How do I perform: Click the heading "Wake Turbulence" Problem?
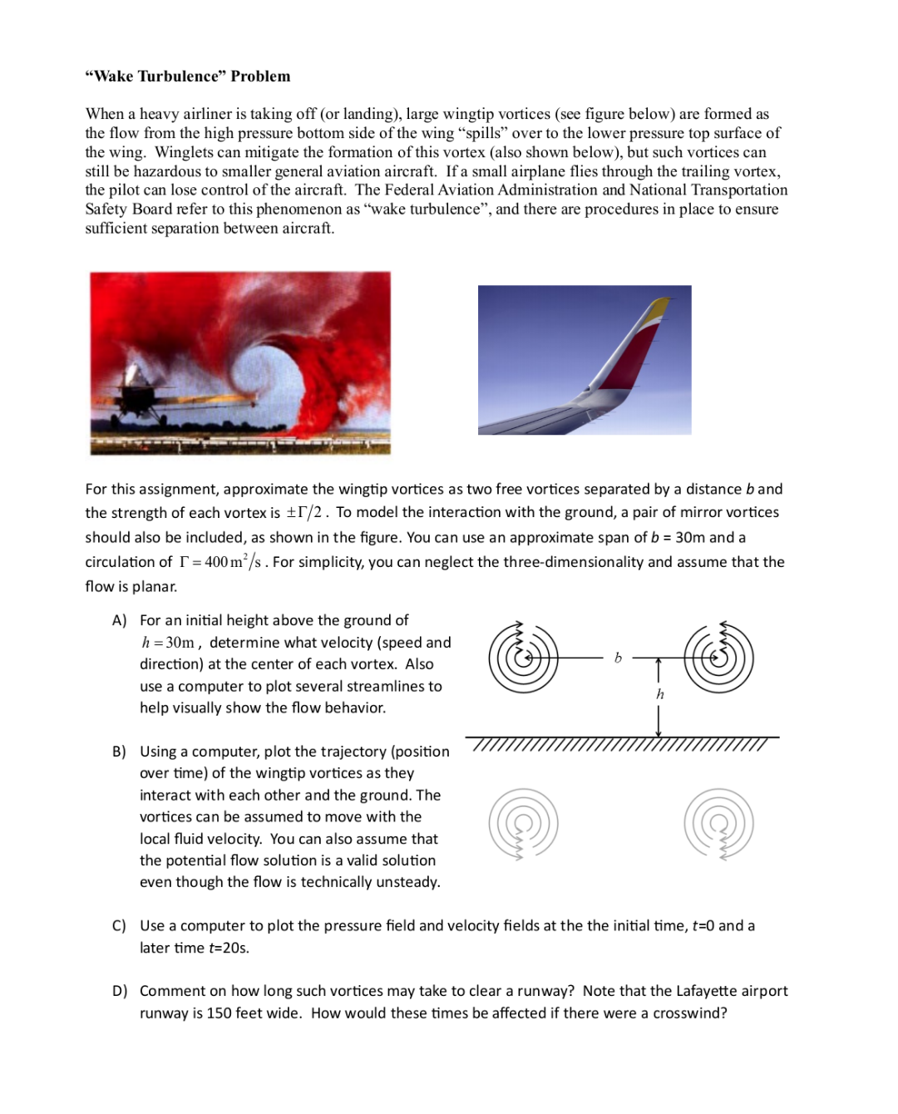click(x=188, y=76)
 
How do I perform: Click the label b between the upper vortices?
click(x=618, y=658)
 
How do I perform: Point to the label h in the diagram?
click(x=660, y=694)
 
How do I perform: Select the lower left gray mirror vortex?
click(x=523, y=823)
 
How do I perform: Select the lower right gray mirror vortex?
click(x=719, y=823)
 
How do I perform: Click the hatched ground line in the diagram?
click(x=622, y=742)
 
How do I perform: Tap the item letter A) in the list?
click(x=120, y=621)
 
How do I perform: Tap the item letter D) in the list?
click(x=120, y=991)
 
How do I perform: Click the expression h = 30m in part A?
click(x=168, y=643)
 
